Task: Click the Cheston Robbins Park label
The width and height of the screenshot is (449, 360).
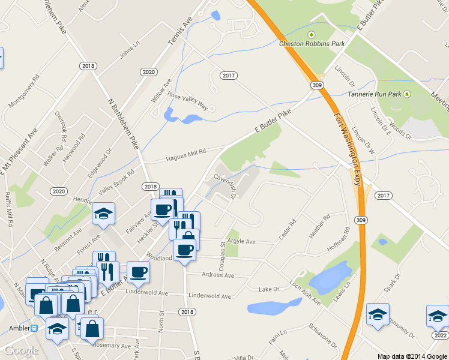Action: tap(312, 43)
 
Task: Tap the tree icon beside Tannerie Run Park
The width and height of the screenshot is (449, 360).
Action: tap(407, 94)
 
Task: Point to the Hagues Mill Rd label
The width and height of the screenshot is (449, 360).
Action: tap(185, 153)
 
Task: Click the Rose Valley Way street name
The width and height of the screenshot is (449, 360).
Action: tap(187, 101)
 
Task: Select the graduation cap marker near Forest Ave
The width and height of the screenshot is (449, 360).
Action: tap(103, 213)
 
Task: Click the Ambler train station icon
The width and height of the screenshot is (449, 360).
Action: tap(35, 328)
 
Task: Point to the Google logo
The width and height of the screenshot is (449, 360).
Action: tap(20, 350)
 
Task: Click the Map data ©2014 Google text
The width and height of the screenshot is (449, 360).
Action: tap(412, 356)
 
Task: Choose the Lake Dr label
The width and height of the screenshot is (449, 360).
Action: tap(269, 290)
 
